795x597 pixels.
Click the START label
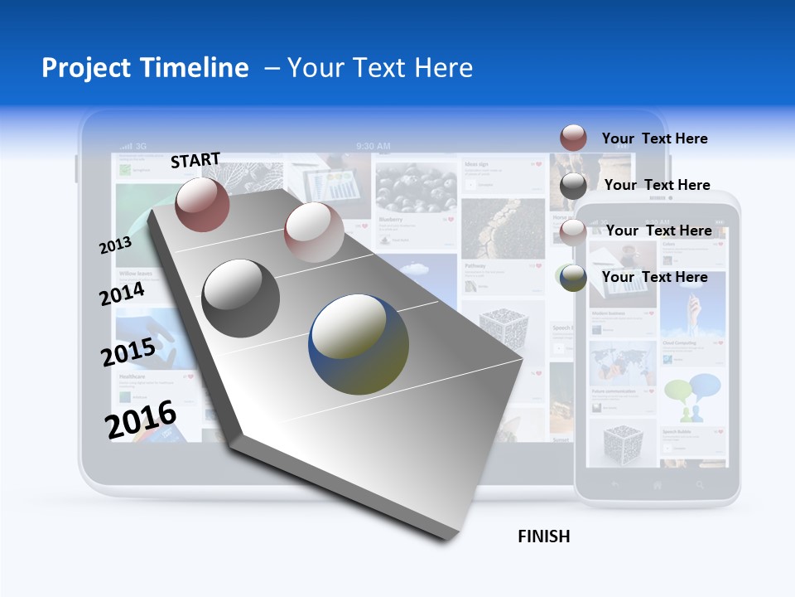[195, 160]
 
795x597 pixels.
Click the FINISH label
[544, 536]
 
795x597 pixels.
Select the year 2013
[115, 245]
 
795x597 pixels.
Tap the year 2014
[123, 294]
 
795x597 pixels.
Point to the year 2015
[128, 352]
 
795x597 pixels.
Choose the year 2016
[141, 420]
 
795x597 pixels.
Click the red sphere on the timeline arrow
[203, 204]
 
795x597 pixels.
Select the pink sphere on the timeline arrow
[314, 231]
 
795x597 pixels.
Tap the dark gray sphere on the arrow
[241, 298]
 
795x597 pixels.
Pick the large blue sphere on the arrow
[359, 344]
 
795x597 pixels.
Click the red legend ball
[573, 138]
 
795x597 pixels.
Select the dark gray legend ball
[573, 186]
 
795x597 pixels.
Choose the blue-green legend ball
[573, 278]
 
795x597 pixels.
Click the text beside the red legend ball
[654, 138]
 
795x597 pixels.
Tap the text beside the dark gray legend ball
[657, 185]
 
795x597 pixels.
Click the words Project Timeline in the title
[145, 68]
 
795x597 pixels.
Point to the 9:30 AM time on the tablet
[373, 146]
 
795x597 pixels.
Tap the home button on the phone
[658, 484]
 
